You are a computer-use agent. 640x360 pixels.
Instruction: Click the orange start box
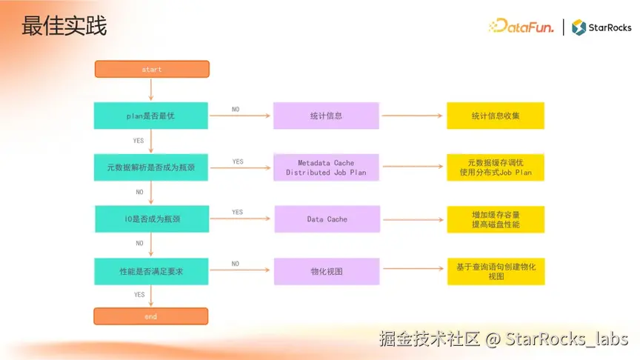(152, 69)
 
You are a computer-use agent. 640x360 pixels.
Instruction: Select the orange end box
(150, 316)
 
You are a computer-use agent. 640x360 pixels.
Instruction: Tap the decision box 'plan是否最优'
(150, 116)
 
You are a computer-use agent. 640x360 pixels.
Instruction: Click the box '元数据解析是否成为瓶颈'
(150, 167)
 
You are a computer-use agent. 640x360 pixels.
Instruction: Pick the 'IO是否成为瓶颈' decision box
(151, 219)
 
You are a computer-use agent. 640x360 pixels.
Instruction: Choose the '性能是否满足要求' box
(150, 271)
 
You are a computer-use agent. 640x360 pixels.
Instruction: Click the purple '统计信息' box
(326, 116)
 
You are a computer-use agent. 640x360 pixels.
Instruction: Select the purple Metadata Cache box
(326, 167)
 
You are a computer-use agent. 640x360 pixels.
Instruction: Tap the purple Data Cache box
(327, 219)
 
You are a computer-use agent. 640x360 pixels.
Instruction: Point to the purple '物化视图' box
(327, 271)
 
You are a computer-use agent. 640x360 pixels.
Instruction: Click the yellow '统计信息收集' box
(496, 116)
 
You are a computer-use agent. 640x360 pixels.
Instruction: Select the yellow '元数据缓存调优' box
(496, 167)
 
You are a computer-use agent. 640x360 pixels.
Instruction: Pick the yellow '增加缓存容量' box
(496, 219)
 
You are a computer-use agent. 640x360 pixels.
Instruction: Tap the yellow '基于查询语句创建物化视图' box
(496, 271)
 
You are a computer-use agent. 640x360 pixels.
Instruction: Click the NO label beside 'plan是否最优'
(236, 109)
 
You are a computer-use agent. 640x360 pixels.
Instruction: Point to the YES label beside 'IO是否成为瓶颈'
(237, 213)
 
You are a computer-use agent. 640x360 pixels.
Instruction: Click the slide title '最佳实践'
(64, 26)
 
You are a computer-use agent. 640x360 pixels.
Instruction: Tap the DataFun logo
(521, 27)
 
